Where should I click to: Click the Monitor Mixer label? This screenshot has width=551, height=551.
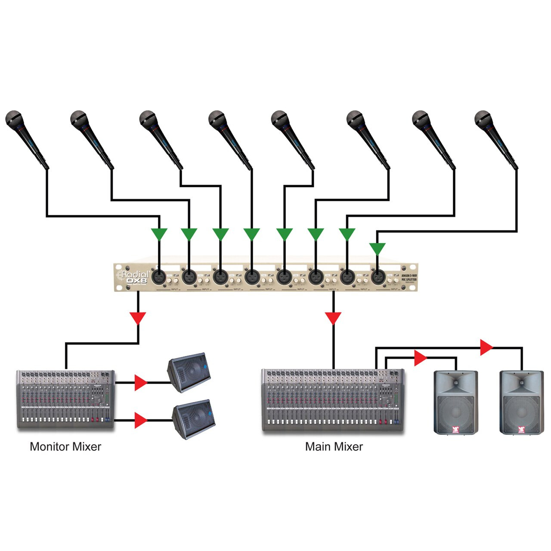[x=65, y=447]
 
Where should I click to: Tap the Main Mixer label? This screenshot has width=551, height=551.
[x=334, y=447]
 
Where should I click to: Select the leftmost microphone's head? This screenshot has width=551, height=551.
[x=14, y=118]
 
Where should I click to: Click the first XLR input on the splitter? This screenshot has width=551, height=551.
[x=159, y=276]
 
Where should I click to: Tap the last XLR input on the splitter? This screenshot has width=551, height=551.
[x=378, y=276]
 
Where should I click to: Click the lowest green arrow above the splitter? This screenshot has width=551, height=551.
[x=378, y=248]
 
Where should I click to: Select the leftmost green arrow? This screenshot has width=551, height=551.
[x=159, y=234]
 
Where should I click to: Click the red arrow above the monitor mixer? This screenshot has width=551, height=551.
[x=138, y=318]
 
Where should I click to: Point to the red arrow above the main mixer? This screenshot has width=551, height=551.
[x=333, y=318]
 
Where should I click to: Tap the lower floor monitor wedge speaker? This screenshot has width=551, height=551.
[x=193, y=418]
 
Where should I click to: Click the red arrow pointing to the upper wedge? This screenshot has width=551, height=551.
[x=140, y=382]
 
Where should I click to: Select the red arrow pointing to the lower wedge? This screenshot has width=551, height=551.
[x=140, y=420]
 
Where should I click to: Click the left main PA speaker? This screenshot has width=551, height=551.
[x=455, y=402]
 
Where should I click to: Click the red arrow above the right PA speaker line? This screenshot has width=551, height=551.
[x=486, y=347]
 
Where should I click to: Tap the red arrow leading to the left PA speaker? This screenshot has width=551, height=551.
[x=420, y=358]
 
